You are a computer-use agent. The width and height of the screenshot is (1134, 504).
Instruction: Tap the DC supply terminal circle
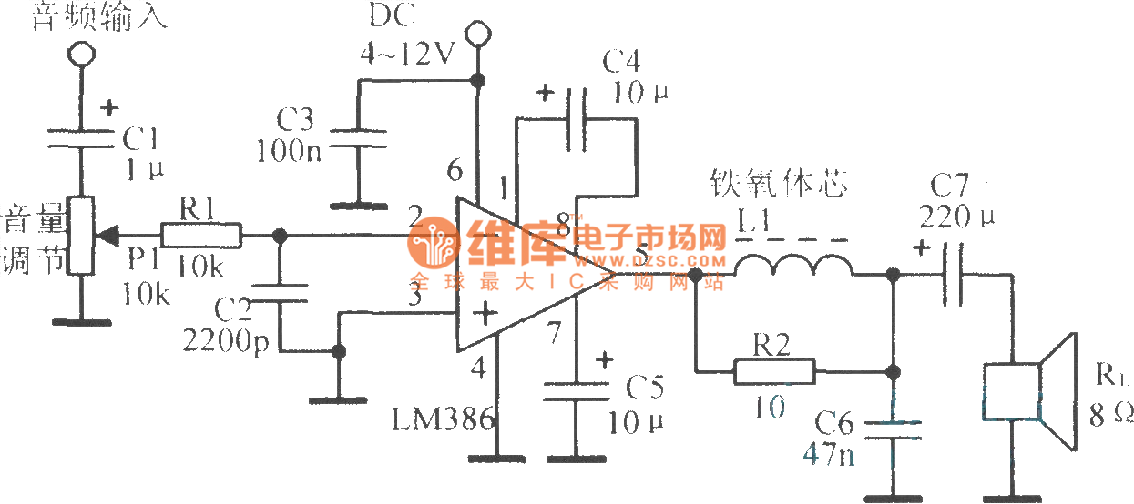[x=476, y=36]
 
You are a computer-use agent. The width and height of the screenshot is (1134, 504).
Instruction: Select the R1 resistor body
[x=202, y=236]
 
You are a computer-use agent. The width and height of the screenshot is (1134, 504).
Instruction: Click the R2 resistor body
[x=774, y=370]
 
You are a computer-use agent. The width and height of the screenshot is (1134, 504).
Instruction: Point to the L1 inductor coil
[x=793, y=266]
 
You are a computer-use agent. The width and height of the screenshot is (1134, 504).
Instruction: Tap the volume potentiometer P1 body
[x=82, y=236]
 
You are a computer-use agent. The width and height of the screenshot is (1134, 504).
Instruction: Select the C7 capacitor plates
[x=953, y=273]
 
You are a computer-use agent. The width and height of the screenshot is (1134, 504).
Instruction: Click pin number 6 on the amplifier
[x=455, y=170]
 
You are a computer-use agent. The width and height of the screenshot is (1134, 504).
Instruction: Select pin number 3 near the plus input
[x=415, y=294]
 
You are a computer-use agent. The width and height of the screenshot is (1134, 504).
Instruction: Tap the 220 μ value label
[x=956, y=218]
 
